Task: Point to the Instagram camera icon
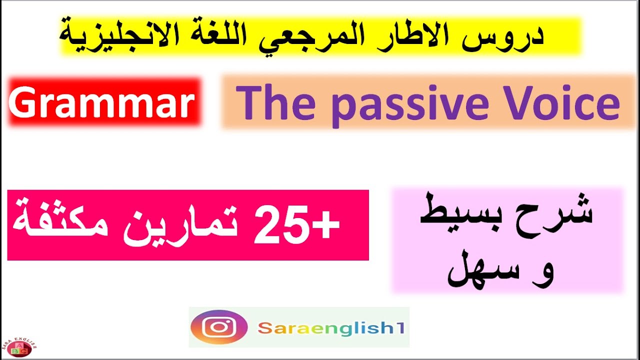[219, 328]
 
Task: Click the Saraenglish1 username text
[331, 328]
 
